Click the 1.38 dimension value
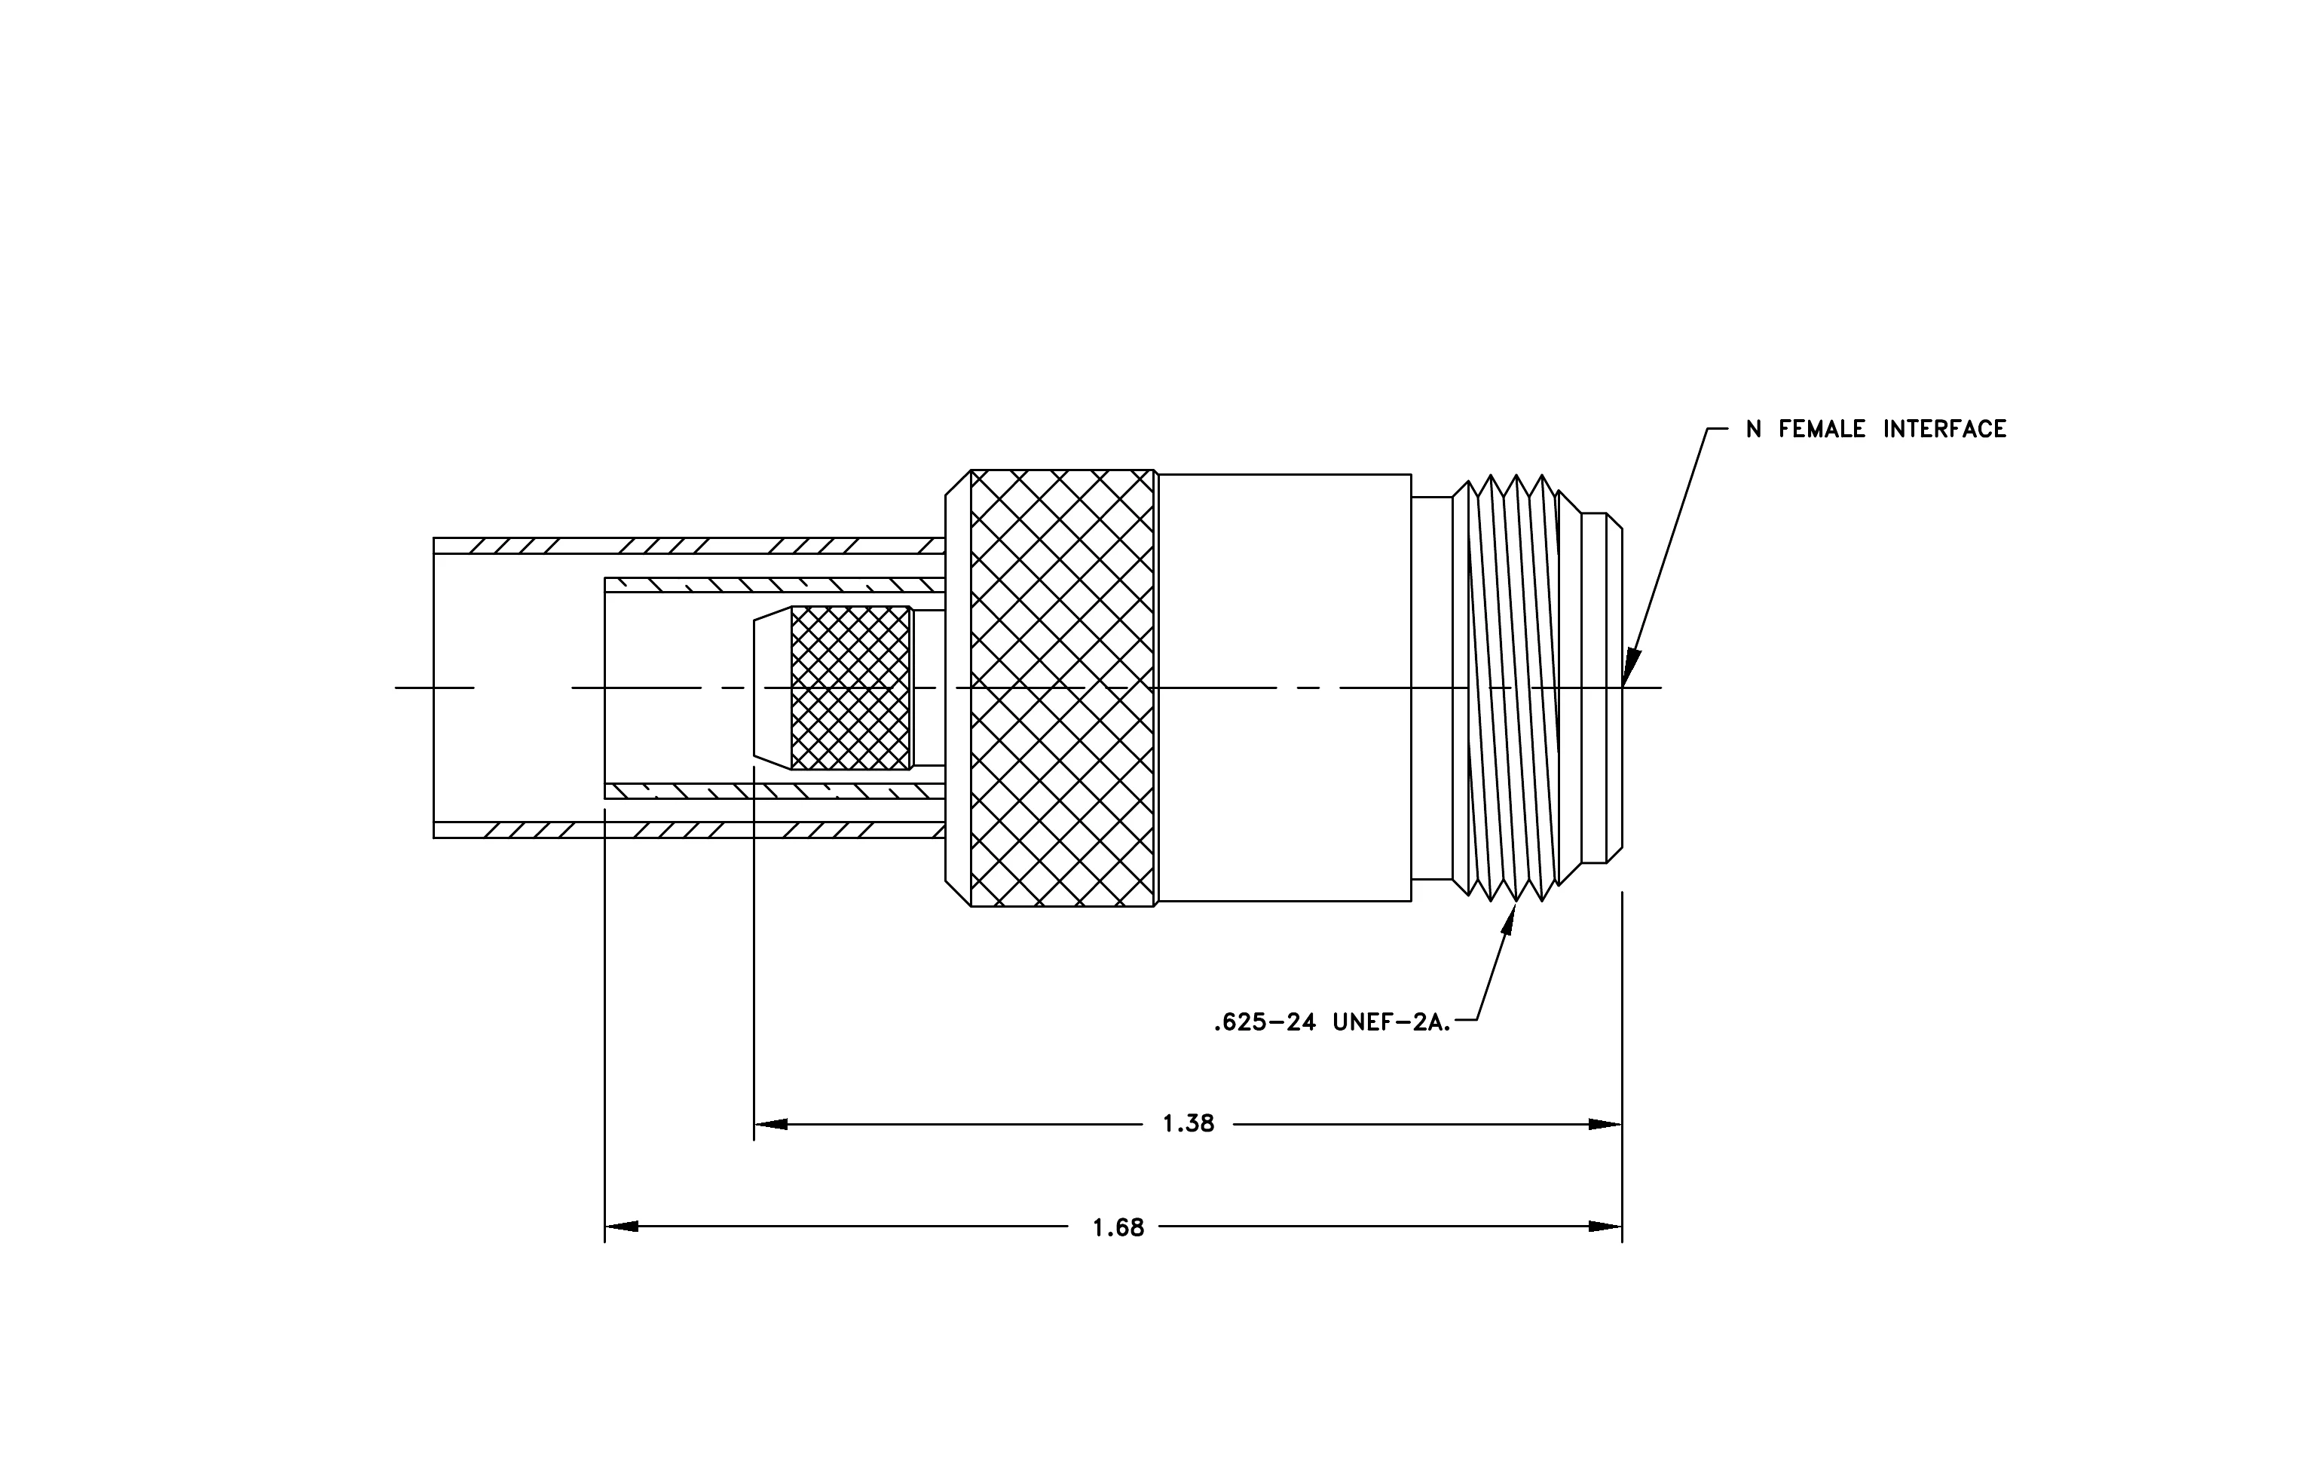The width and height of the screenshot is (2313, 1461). [x=1189, y=1124]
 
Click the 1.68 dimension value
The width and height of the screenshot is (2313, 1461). [x=1118, y=1227]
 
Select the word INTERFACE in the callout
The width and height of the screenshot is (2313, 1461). [x=1945, y=430]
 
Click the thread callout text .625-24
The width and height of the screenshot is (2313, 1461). [x=1264, y=1023]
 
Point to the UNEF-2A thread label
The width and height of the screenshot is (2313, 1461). [x=1392, y=1023]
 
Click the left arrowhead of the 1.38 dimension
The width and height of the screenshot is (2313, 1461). [x=771, y=1124]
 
